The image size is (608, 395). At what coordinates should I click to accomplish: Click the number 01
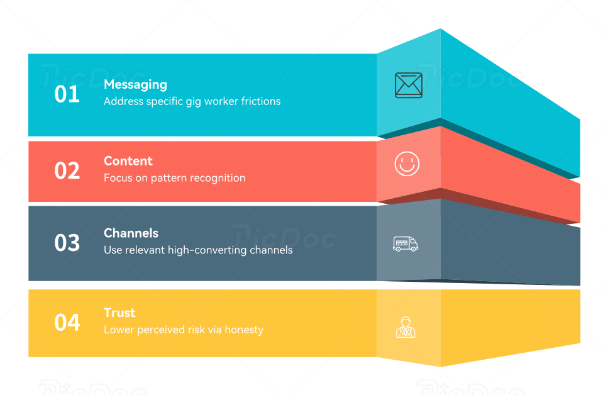coord(67,94)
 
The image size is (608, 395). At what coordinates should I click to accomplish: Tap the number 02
coord(67,171)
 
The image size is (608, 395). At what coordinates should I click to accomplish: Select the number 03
coord(67,243)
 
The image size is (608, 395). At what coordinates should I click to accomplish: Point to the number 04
coord(67,323)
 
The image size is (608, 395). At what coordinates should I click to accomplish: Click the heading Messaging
coord(135,84)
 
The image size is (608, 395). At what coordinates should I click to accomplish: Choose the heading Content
coord(128,161)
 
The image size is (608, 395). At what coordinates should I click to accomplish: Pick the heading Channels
coord(131,233)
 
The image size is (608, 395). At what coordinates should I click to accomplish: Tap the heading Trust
coord(119,313)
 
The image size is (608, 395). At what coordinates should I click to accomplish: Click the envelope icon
coord(408,86)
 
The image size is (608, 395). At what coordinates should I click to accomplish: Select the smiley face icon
coord(407,164)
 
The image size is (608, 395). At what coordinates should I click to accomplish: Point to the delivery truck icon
coord(406,243)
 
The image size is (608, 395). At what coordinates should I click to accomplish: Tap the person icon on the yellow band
coord(406,326)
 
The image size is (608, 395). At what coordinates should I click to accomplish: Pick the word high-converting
coord(207,250)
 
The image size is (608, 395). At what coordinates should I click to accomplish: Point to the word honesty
coord(244,330)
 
